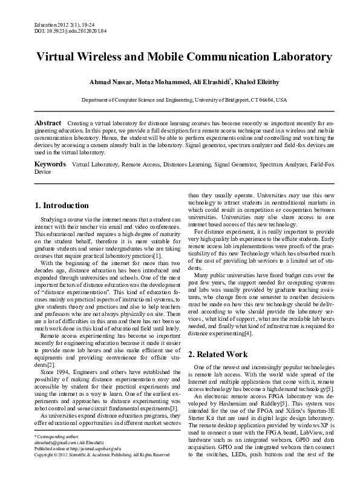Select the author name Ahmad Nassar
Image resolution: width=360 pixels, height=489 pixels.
[x=125, y=82]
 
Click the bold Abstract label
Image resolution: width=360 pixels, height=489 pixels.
[x=48, y=123]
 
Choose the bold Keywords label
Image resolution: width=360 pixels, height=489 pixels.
[x=50, y=164]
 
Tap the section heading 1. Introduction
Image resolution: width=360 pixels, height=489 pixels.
[x=62, y=205]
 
